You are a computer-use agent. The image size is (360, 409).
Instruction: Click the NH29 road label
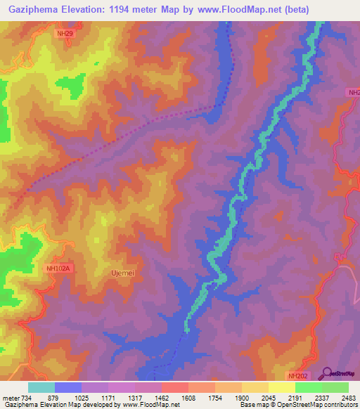pyautogui.click(x=65, y=32)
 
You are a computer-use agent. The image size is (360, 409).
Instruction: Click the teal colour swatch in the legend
pyautogui.click(x=41, y=387)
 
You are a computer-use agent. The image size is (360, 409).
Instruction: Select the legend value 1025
pyautogui.click(x=94, y=398)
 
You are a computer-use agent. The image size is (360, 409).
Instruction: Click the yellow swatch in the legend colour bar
pyautogui.click(x=282, y=387)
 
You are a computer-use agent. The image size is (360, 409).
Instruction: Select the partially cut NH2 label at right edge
pyautogui.click(x=354, y=93)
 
